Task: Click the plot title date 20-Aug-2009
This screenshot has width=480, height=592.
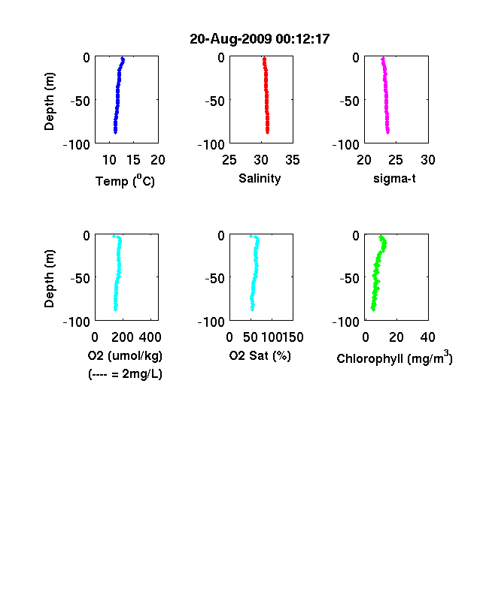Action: pos(230,39)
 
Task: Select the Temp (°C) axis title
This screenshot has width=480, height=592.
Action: pos(125,180)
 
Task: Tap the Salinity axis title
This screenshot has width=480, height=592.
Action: pos(260,178)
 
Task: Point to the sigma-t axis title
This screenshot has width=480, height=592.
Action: pos(394,178)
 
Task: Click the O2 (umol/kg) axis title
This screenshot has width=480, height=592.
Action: pos(125,355)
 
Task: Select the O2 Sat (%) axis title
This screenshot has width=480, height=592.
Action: pos(260,355)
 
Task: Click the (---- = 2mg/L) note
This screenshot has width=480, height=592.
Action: pos(125,374)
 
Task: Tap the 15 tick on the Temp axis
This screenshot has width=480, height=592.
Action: pos(133,160)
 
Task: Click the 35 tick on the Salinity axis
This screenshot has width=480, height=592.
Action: pos(293,160)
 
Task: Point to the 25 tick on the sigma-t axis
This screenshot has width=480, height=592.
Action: pos(396,160)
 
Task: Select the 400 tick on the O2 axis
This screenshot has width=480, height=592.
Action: pos(150,337)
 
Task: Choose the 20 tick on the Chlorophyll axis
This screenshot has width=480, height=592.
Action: pos(396,337)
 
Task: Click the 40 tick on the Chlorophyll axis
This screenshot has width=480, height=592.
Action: pos(427,337)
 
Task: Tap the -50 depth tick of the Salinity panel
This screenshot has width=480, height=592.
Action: pos(214,101)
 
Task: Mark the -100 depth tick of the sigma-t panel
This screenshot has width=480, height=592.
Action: pos(346,144)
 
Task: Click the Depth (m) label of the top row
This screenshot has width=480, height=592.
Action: pos(49,101)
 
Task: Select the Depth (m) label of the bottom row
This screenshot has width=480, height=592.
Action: pos(49,279)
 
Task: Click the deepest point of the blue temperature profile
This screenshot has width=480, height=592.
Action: pos(116,131)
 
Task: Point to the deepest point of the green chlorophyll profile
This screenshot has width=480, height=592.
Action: pos(373,309)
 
